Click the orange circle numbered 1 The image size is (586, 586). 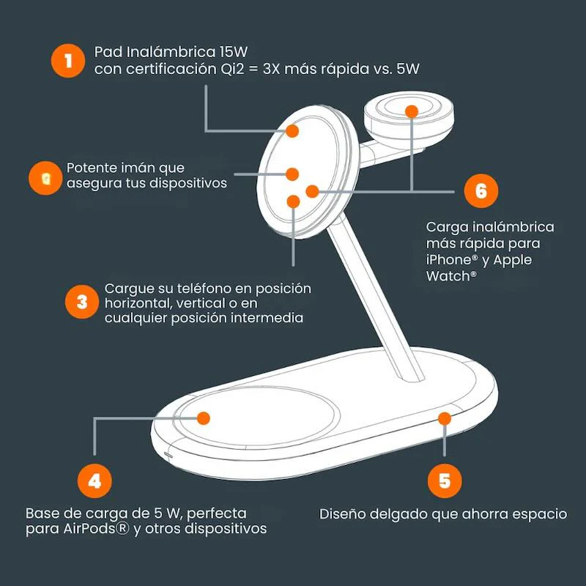(68, 61)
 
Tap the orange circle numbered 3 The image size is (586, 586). (82, 302)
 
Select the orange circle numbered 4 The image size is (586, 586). (94, 481)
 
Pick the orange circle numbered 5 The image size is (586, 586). (445, 481)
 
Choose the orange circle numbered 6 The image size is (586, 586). (481, 190)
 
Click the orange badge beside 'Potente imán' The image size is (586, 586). (45, 178)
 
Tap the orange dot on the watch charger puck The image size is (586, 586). (412, 111)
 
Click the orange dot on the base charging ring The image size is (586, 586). (204, 418)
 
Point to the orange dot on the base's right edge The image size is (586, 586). (445, 418)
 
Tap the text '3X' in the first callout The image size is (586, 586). (271, 70)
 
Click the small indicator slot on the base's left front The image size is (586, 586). (168, 456)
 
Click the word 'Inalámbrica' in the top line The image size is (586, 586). (171, 52)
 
